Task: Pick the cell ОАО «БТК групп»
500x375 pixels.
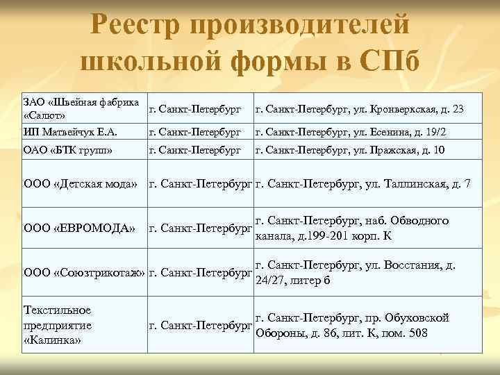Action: (69, 149)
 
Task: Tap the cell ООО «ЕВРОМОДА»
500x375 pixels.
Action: (80, 228)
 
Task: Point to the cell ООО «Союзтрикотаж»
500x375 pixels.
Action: (84, 273)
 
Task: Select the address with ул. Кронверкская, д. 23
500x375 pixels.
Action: (360, 110)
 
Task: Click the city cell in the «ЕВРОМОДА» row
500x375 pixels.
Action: (201, 228)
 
